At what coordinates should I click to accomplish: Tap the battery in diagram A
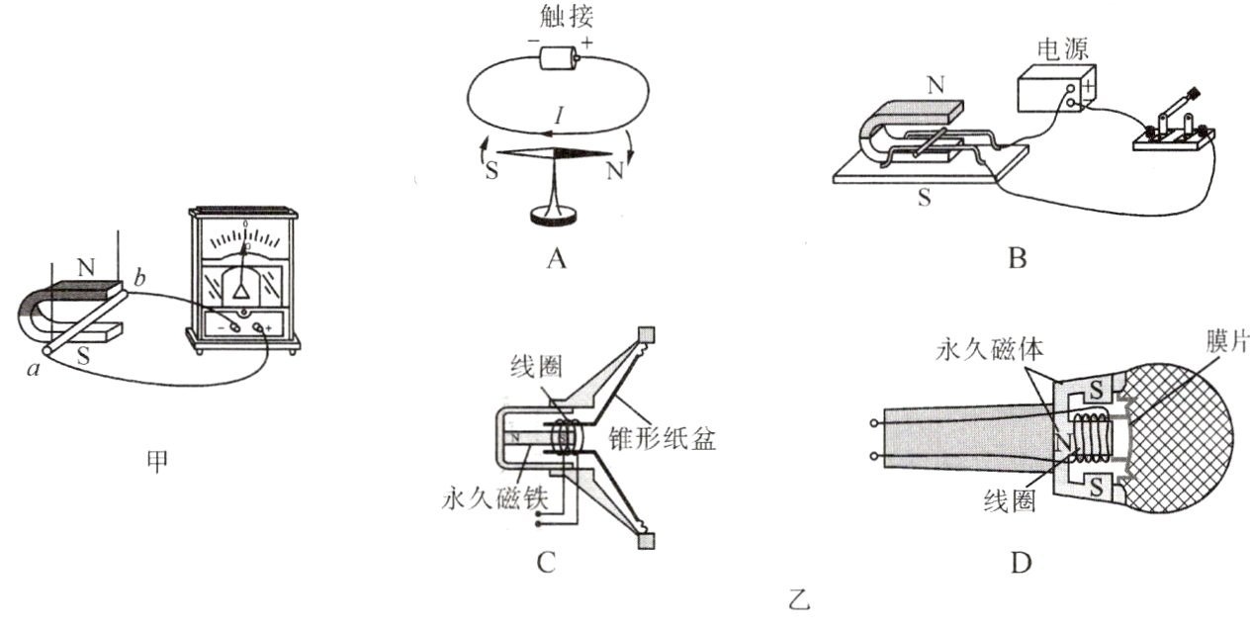(x=560, y=57)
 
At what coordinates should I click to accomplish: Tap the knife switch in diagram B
(x=1174, y=129)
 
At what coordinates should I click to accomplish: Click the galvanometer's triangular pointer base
(x=240, y=288)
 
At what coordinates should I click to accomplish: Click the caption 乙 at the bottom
(x=800, y=598)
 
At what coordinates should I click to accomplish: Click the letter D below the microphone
(x=1022, y=563)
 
